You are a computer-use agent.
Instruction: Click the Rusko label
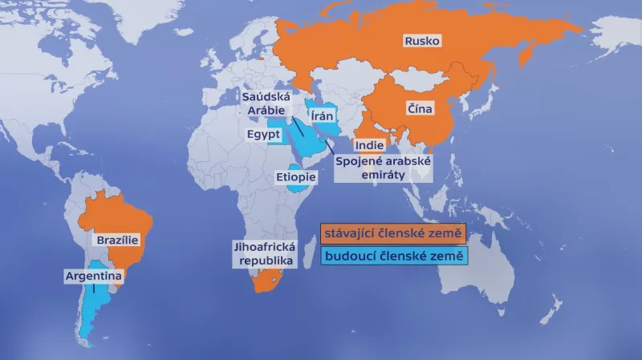coord(422,41)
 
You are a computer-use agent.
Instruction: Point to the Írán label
coord(322,116)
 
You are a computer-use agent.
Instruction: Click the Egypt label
coord(263,134)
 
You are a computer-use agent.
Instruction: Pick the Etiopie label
coord(295,176)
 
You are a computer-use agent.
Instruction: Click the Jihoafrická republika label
coord(263,253)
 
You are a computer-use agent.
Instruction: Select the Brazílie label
coord(118,240)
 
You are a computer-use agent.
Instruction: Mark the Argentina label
coord(93,276)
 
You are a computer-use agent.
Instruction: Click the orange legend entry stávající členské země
coord(393,233)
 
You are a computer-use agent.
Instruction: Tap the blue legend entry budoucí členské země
coord(393,257)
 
